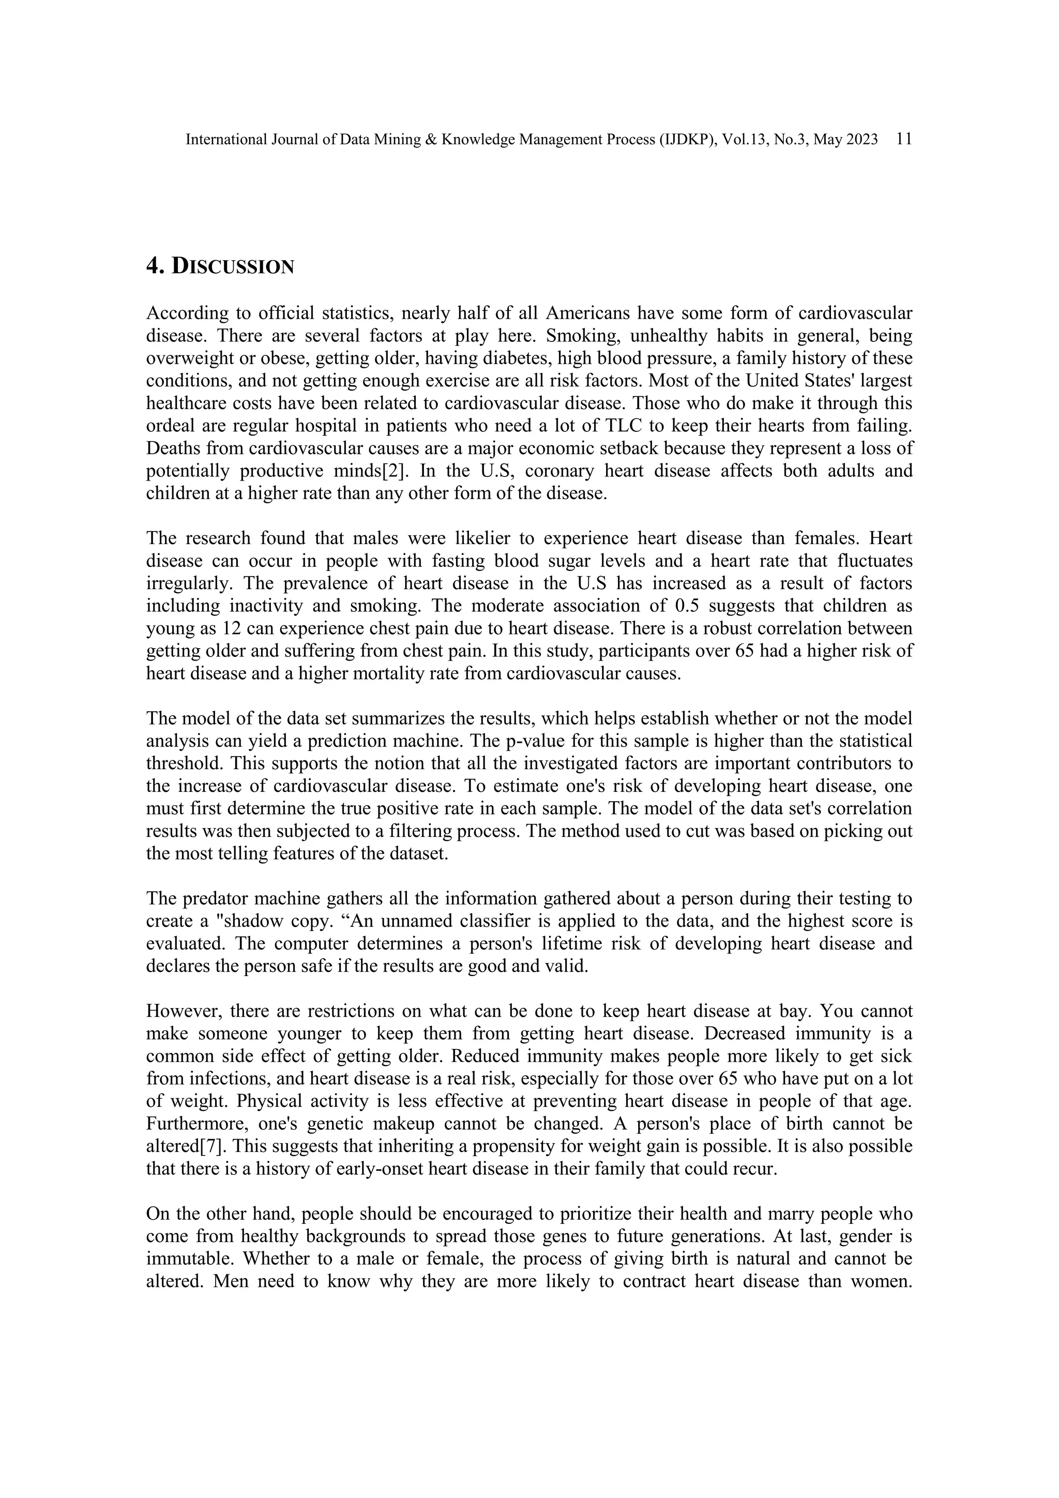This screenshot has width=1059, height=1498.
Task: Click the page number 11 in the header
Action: click(904, 139)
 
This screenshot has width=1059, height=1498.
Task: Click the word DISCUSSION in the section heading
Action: click(233, 266)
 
